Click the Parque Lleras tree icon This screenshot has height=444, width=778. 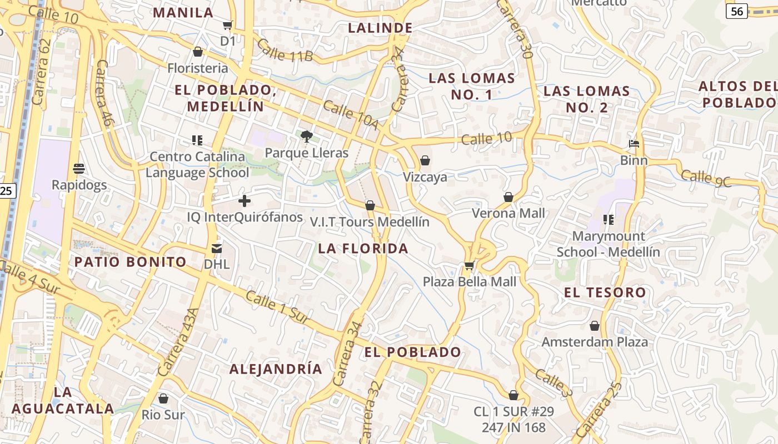(x=306, y=136)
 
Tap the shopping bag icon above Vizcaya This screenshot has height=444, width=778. (x=425, y=160)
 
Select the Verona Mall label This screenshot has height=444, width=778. (x=508, y=213)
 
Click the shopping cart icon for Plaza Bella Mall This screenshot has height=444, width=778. (x=469, y=266)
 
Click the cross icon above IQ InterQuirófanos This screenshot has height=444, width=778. (x=244, y=201)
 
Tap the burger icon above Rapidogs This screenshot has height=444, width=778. (x=78, y=168)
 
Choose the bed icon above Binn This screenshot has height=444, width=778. (x=634, y=144)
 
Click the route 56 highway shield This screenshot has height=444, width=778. (x=736, y=11)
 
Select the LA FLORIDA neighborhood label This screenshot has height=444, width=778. (x=363, y=249)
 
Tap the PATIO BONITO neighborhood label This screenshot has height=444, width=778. (x=131, y=262)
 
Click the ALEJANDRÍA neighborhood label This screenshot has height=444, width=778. (x=276, y=369)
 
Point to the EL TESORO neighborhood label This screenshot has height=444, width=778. (x=605, y=292)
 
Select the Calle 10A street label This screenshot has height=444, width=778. (x=350, y=115)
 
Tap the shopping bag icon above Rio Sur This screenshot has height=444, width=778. (x=163, y=398)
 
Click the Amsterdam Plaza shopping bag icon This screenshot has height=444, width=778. (x=595, y=326)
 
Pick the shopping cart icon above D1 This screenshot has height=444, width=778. (x=227, y=25)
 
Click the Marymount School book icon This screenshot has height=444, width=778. (x=609, y=220)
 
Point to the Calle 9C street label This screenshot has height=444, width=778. (x=706, y=178)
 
